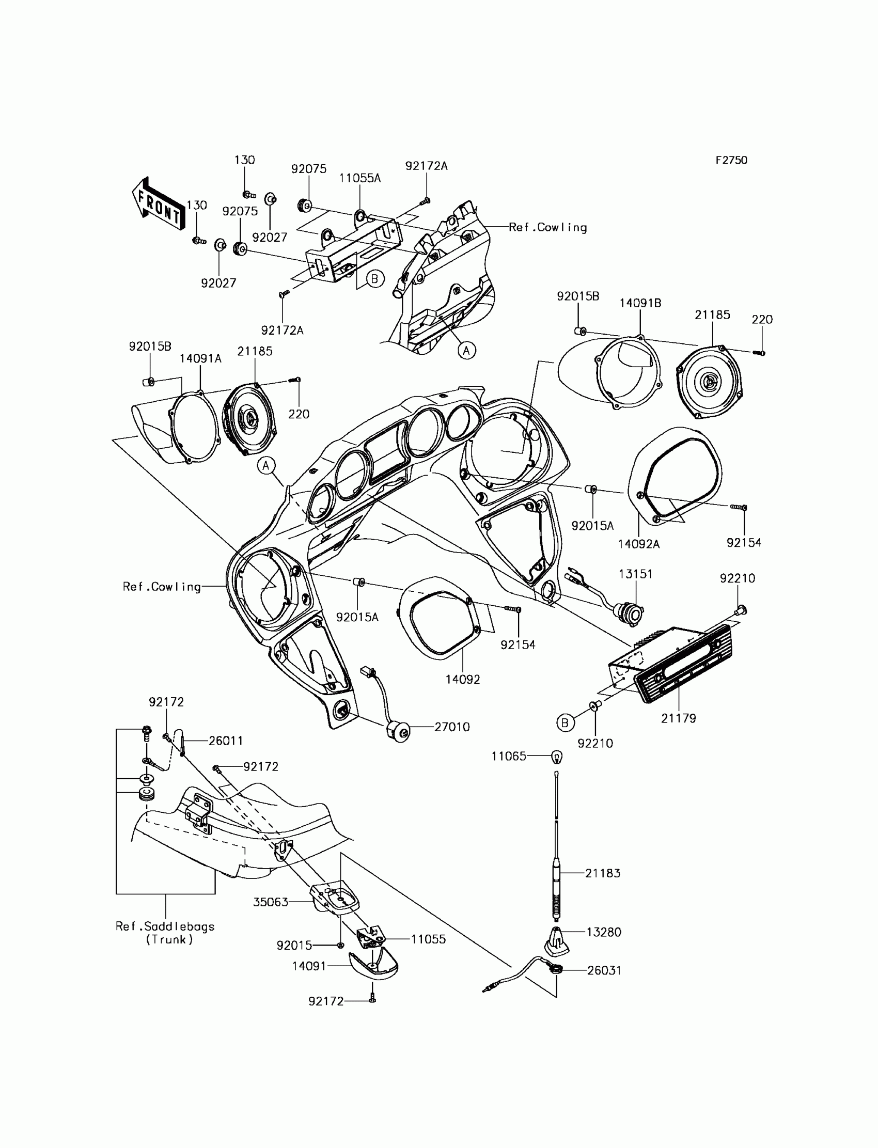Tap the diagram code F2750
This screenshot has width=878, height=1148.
(731, 161)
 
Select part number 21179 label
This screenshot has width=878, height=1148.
(678, 718)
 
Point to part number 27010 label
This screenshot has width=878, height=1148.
(452, 727)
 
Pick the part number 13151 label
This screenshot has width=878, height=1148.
(635, 574)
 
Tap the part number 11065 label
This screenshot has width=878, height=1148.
(509, 756)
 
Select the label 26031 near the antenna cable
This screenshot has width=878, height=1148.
(604, 970)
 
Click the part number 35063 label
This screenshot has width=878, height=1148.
(271, 902)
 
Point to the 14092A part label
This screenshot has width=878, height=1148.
(639, 544)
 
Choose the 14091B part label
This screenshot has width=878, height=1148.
(640, 303)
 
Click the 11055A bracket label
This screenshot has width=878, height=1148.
(359, 178)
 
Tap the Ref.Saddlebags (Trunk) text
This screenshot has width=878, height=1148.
(165, 933)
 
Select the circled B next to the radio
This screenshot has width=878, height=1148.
(565, 723)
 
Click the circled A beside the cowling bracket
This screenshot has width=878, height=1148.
(467, 350)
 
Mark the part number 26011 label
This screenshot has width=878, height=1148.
(226, 741)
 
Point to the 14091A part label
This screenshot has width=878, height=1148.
(201, 358)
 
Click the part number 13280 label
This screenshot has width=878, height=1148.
(604, 932)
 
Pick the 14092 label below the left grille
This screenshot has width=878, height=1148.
(463, 679)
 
